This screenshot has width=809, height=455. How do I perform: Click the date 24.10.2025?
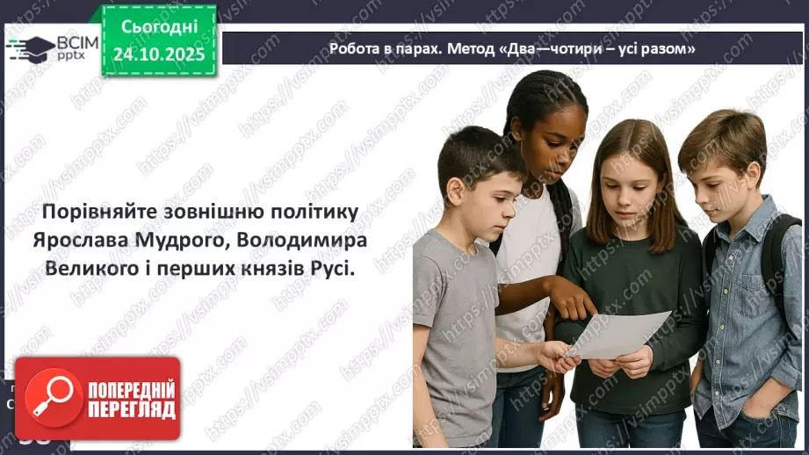160,54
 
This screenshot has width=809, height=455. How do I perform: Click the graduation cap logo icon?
29,48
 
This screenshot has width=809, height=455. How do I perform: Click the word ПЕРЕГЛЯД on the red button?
132,409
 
